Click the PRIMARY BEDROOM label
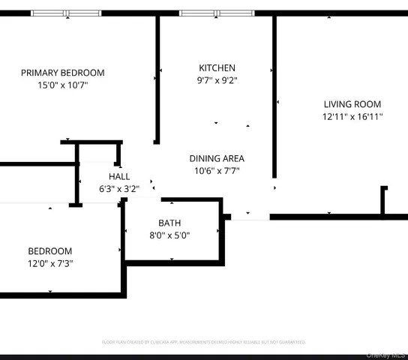[x=62, y=73]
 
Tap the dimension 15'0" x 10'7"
[x=62, y=85]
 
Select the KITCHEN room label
[x=217, y=67]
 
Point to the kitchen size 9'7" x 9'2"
[x=217, y=80]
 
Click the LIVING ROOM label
[x=352, y=104]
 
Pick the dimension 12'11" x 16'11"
[x=352, y=117]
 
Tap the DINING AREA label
[x=217, y=158]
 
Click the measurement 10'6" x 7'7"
[x=217, y=171]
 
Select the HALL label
[x=119, y=176]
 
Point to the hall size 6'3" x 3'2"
[x=119, y=189]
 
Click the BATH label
[x=169, y=223]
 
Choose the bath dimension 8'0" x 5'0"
[x=169, y=235]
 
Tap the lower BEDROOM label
[x=50, y=251]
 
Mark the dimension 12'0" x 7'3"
[x=50, y=264]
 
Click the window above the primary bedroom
[x=66, y=13]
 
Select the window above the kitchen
[x=216, y=13]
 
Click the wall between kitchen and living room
[x=274, y=97]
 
